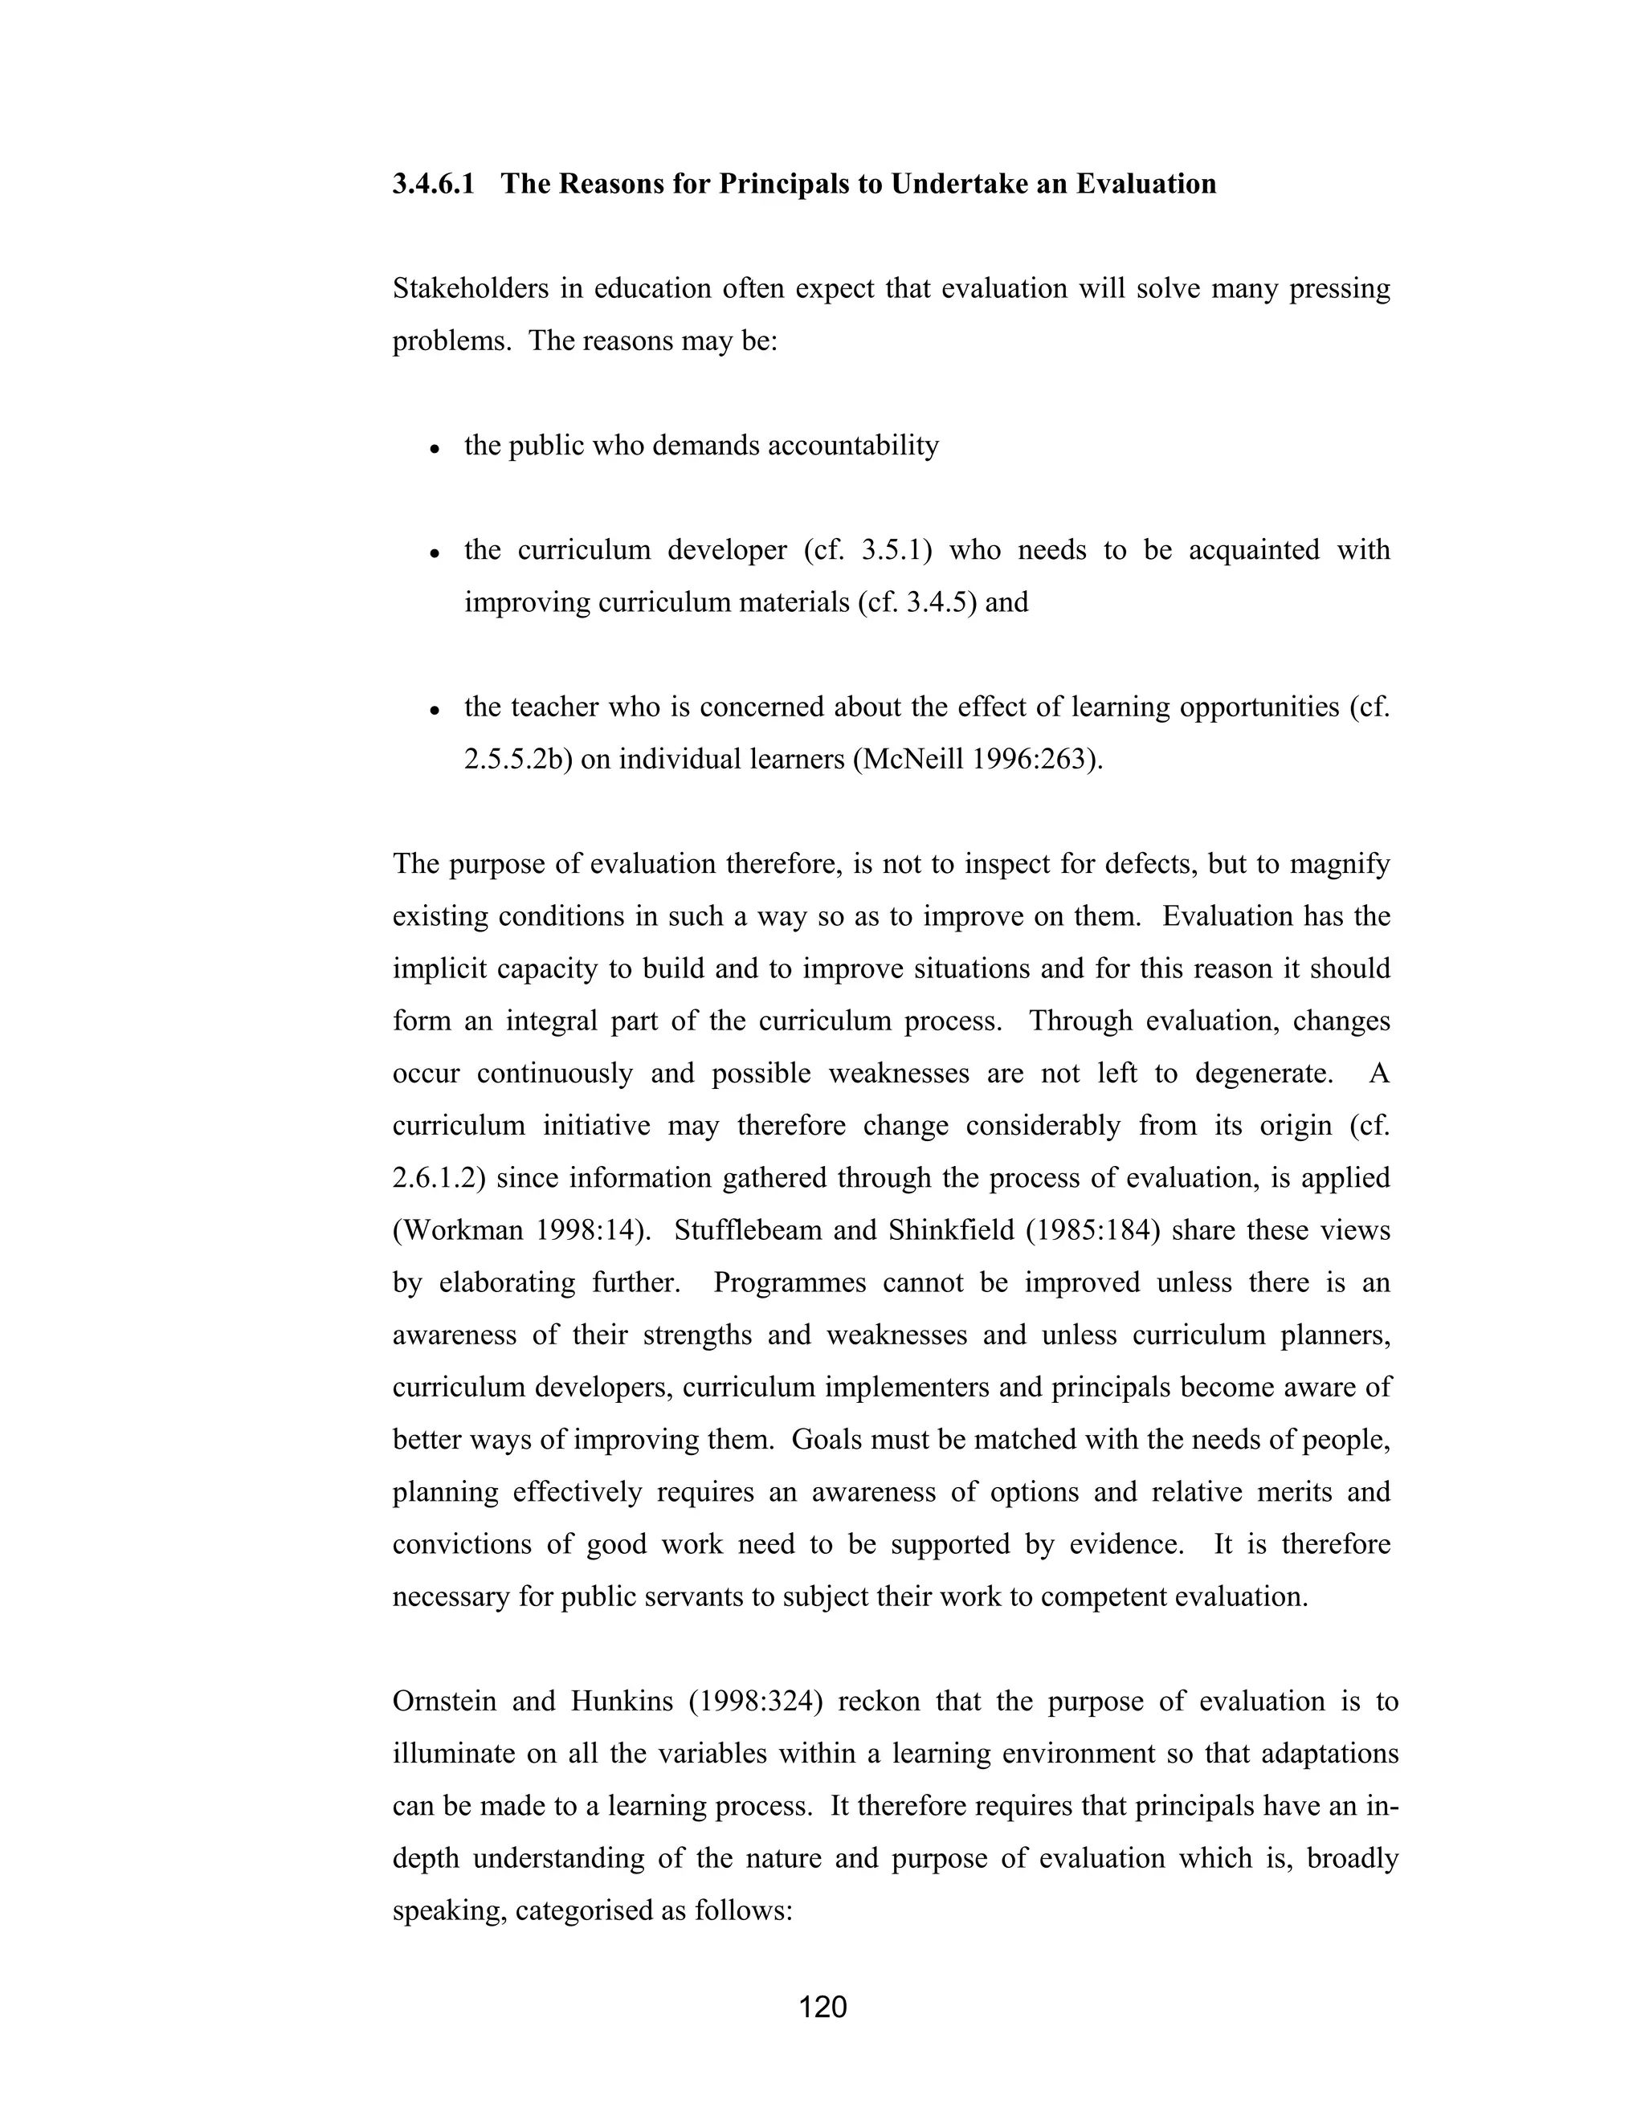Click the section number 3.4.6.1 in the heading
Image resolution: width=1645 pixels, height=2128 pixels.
click(434, 184)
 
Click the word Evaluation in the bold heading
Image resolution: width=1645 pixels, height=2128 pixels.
click(1146, 184)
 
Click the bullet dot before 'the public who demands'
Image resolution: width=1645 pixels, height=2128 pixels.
click(435, 449)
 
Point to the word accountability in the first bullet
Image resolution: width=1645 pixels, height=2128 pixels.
click(853, 446)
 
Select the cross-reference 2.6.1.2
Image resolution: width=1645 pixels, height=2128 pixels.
click(439, 1178)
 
